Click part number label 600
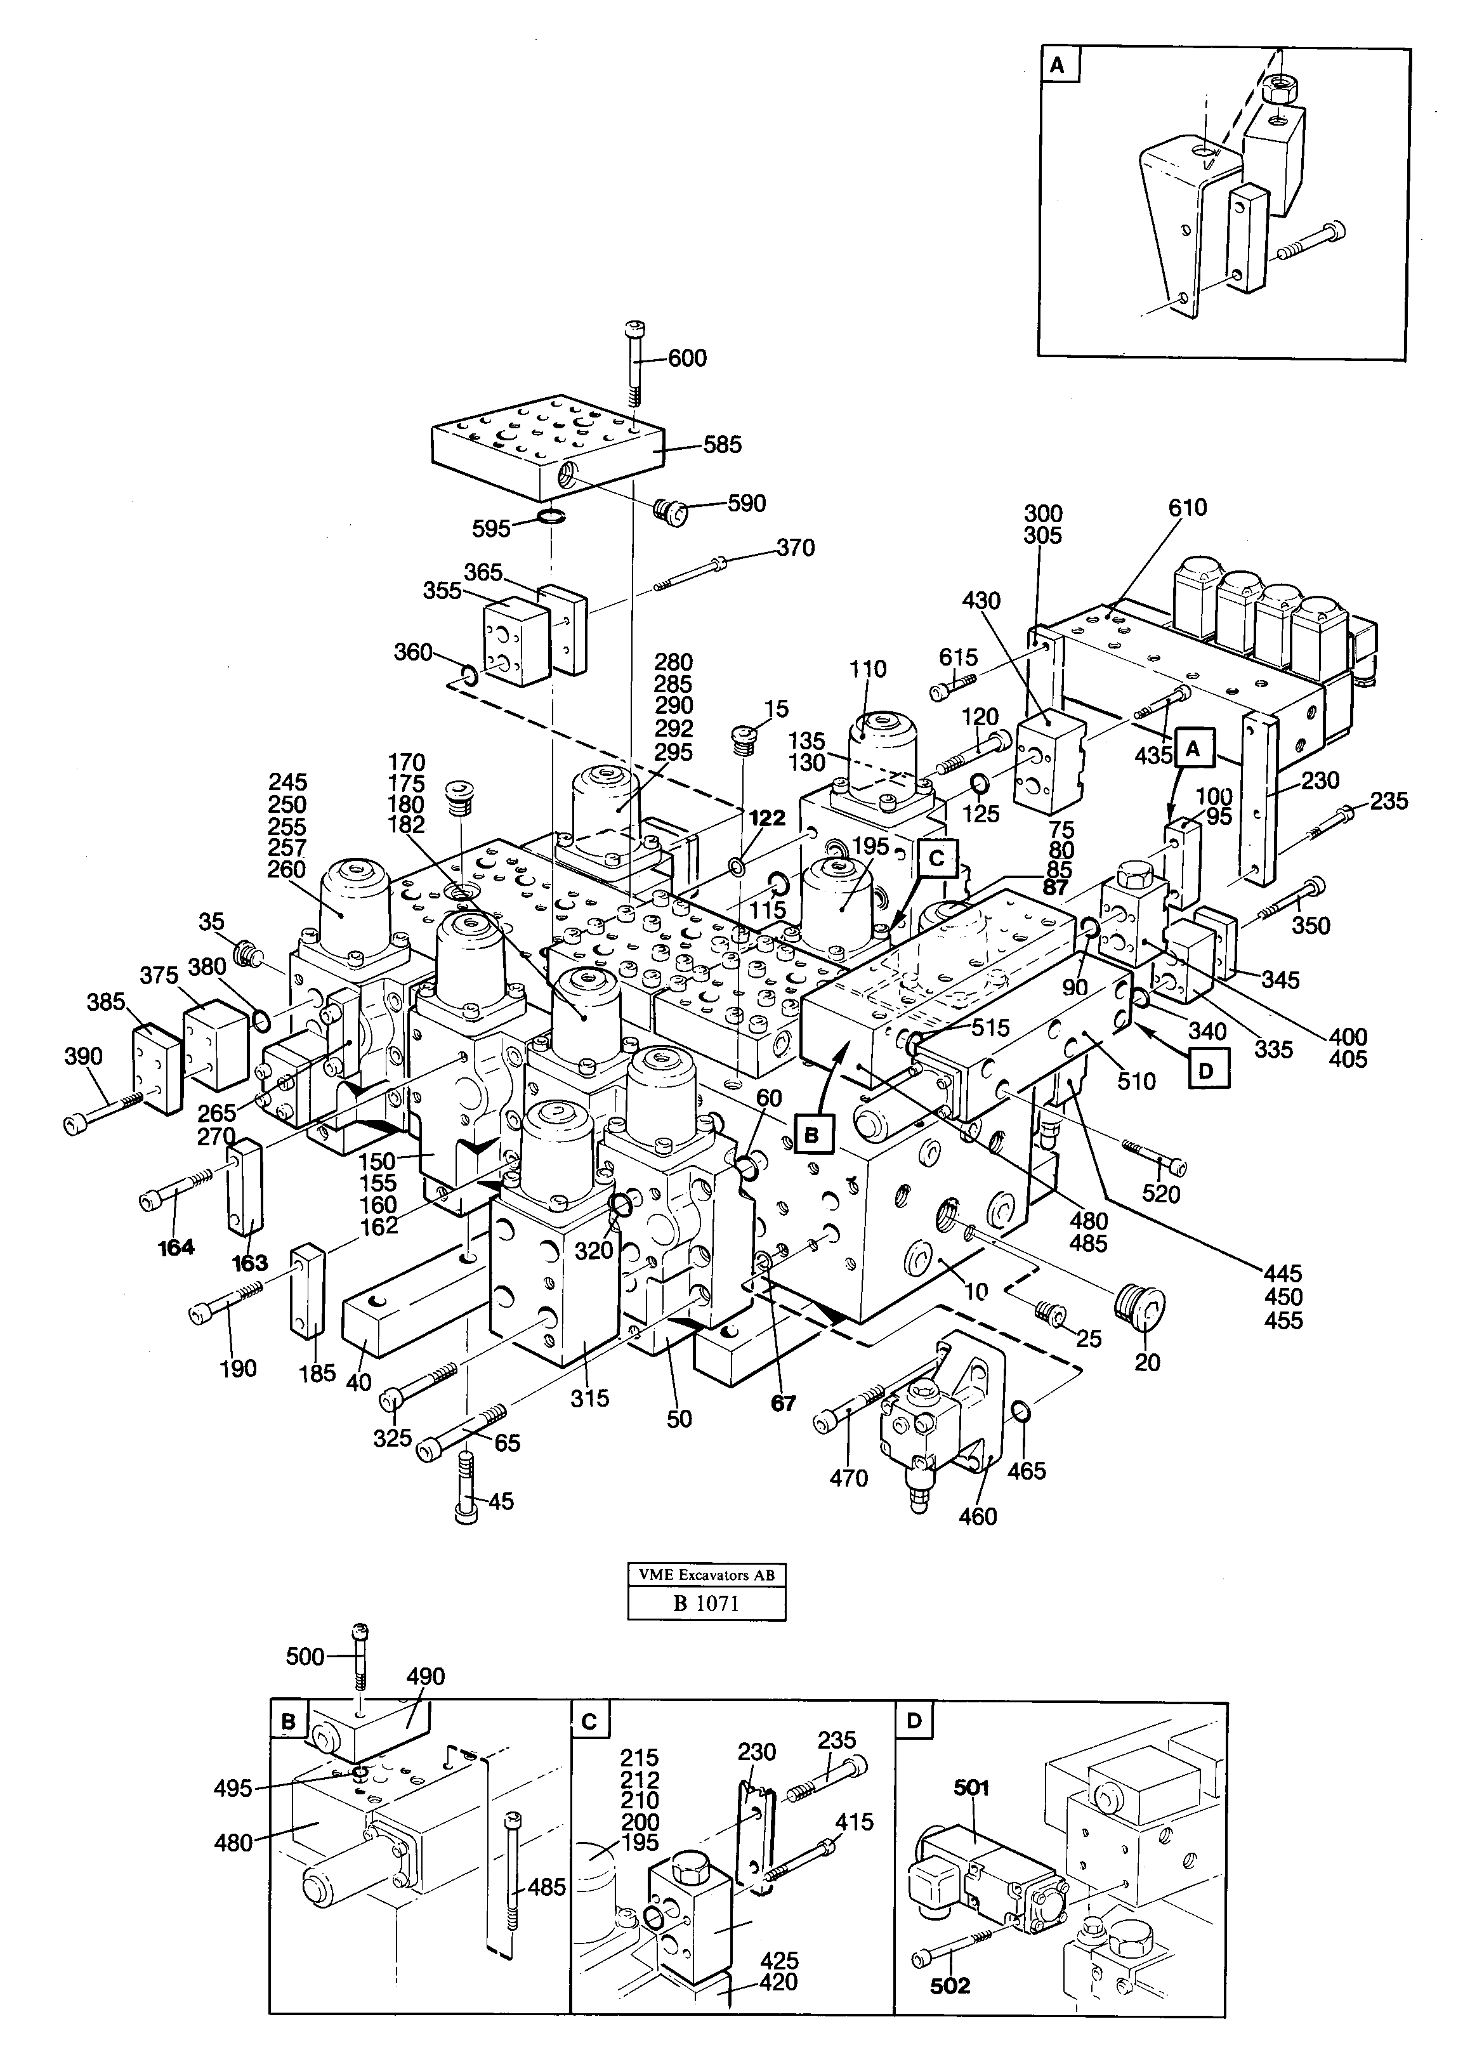point(687,358)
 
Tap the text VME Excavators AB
point(706,1574)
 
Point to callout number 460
point(978,1516)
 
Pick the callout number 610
point(1186,507)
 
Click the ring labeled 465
point(1019,1411)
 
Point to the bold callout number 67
point(783,1403)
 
